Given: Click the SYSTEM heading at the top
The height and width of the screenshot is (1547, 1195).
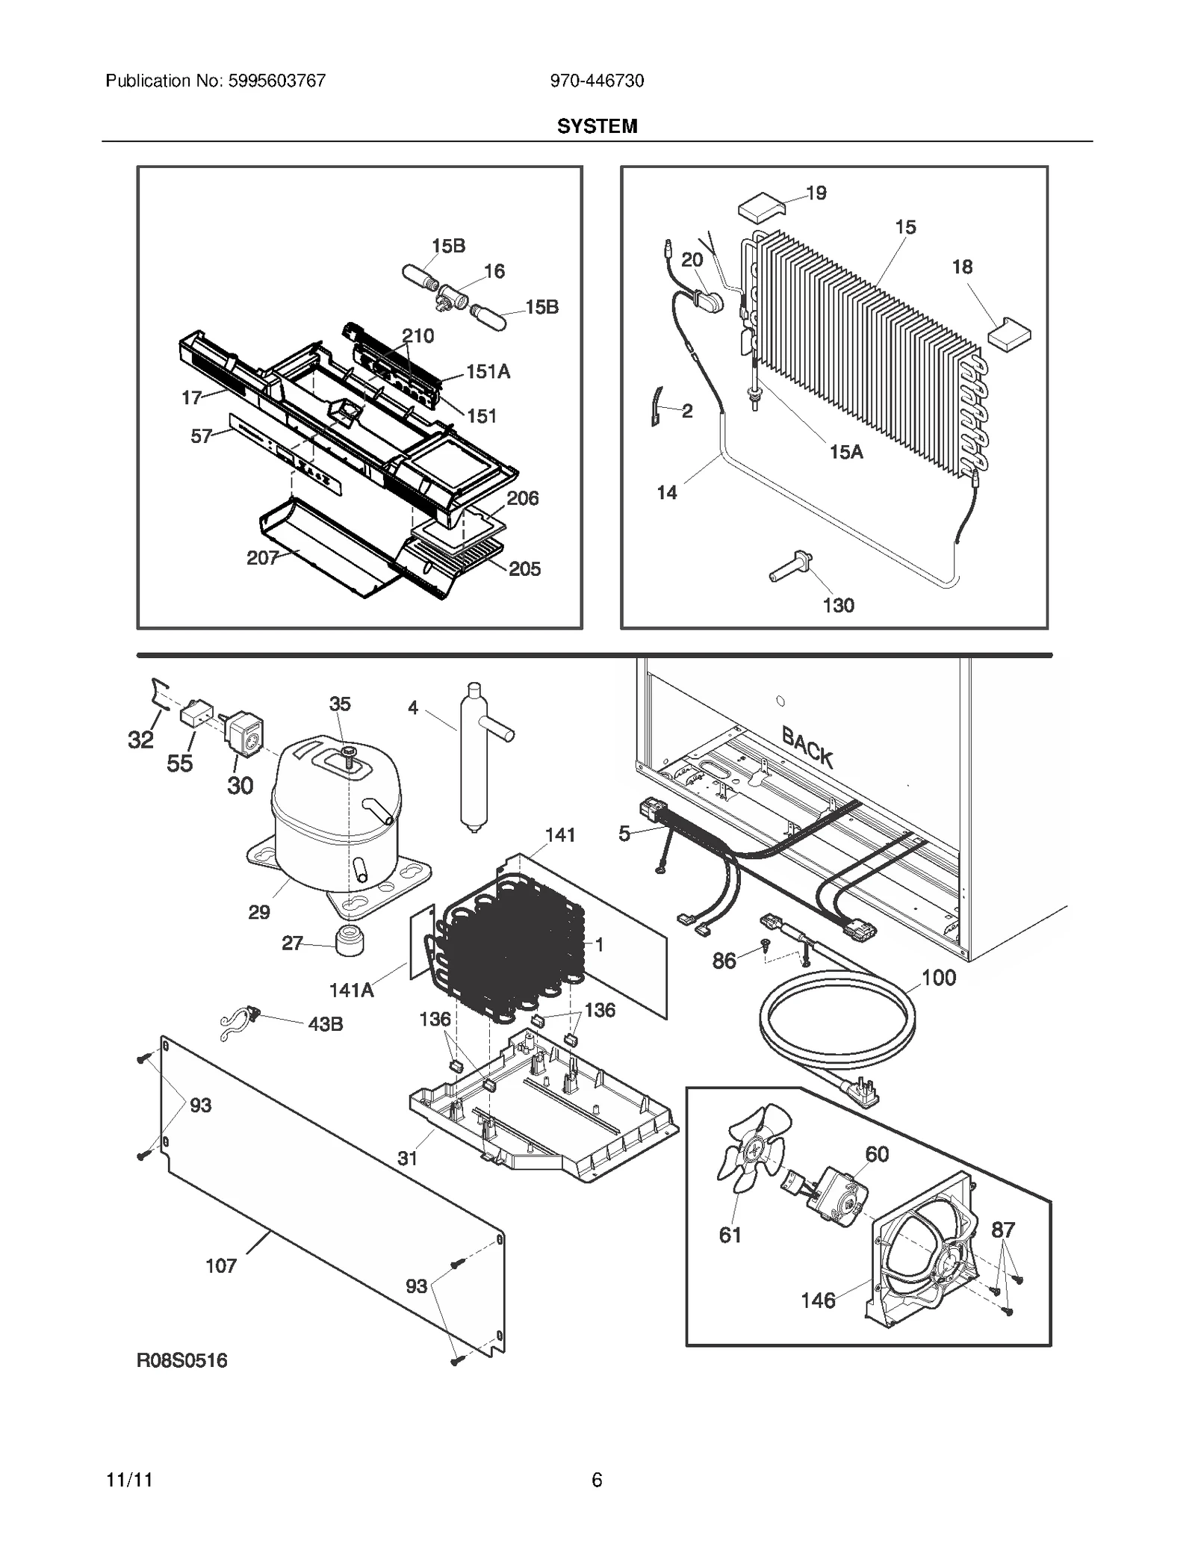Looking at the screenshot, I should click(x=597, y=126).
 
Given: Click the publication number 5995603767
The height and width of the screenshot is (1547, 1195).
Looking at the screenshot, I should click(x=274, y=81).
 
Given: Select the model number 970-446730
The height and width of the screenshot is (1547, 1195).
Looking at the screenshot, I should click(x=597, y=81).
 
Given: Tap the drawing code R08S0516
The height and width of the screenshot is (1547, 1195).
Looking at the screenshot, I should click(x=181, y=1360).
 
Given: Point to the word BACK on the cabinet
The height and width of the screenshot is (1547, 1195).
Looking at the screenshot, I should click(x=807, y=745).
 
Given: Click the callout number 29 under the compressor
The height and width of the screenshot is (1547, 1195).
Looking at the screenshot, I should click(x=259, y=911).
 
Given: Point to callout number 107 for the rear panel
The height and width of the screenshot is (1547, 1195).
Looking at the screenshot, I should click(x=221, y=1265).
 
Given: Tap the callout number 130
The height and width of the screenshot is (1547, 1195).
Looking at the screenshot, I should click(x=838, y=605).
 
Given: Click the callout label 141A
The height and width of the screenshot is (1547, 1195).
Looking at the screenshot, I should click(x=351, y=990).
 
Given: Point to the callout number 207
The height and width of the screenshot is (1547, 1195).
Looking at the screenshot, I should click(x=262, y=558).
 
